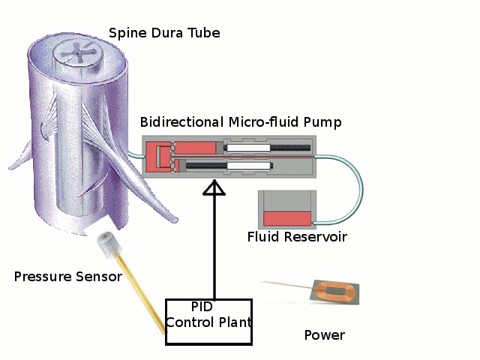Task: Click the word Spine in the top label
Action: tap(126, 34)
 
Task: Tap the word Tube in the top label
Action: tap(203, 34)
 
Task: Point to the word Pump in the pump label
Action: tap(325, 122)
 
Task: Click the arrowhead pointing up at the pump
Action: tap(214, 188)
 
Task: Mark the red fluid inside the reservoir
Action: tap(287, 219)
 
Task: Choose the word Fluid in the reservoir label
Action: tap(263, 238)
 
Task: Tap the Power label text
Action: tap(324, 334)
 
